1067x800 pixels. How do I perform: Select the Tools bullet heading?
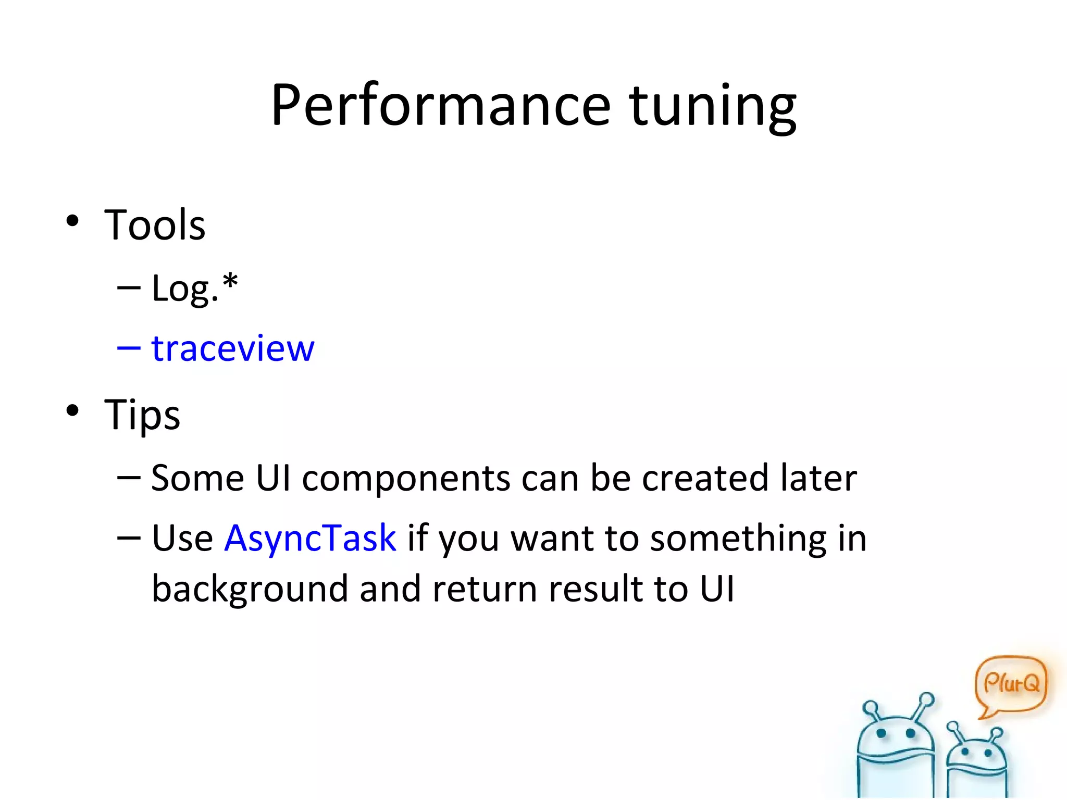click(x=155, y=225)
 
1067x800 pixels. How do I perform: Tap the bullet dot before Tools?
click(x=72, y=221)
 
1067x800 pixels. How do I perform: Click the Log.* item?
click(x=194, y=288)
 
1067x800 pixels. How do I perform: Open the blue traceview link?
click(x=232, y=348)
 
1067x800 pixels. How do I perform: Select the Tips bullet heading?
click(x=142, y=415)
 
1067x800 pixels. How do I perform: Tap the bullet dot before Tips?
click(x=72, y=410)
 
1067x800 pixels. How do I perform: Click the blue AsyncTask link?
click(x=310, y=538)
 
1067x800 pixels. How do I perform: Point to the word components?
click(x=406, y=478)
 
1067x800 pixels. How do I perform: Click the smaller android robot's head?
click(x=976, y=753)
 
